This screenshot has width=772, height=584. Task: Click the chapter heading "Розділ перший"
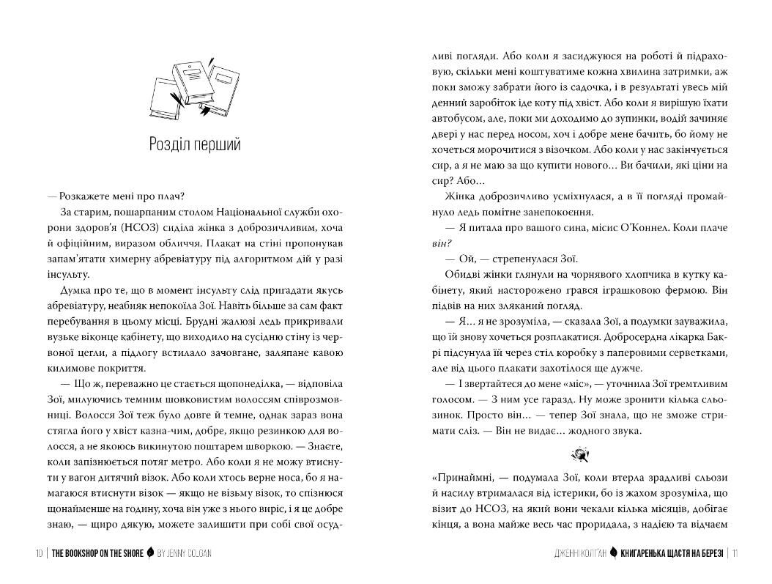click(194, 144)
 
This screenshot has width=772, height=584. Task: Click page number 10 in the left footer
click(39, 553)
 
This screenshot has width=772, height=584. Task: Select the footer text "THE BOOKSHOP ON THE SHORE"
click(97, 553)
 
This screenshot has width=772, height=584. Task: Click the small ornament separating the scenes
click(583, 456)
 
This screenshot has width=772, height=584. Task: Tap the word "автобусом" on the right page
click(456, 117)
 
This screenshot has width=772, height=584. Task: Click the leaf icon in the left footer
click(150, 553)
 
